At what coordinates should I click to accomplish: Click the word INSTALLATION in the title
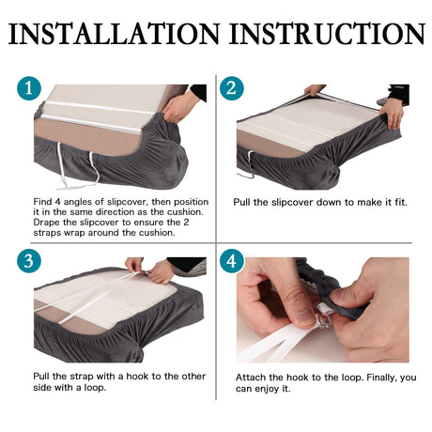pyautogui.click(x=115, y=34)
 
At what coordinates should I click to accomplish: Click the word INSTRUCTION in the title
pyautogui.click(x=327, y=34)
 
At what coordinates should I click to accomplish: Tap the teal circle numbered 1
pyautogui.click(x=29, y=88)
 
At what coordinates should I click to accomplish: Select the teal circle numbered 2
pyautogui.click(x=232, y=88)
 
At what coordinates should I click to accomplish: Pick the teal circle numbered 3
pyautogui.click(x=29, y=261)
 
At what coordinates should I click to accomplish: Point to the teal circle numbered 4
pyautogui.click(x=232, y=261)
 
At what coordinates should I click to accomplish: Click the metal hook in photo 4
pyautogui.click(x=322, y=319)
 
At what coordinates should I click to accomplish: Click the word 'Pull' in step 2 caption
pyautogui.click(x=242, y=202)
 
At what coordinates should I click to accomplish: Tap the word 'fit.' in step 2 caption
pyautogui.click(x=401, y=202)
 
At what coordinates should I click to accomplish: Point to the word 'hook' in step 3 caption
pyautogui.click(x=137, y=376)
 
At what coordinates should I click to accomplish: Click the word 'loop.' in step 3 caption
pyautogui.click(x=95, y=388)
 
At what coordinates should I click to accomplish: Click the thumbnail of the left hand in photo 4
pyautogui.click(x=304, y=316)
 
